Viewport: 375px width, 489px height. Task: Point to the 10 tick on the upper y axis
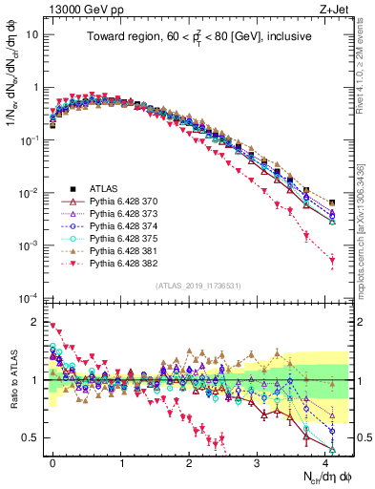[x=31, y=33]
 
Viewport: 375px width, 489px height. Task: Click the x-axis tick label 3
[x=257, y=460]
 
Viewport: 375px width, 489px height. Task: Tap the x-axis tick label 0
[x=52, y=460]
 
